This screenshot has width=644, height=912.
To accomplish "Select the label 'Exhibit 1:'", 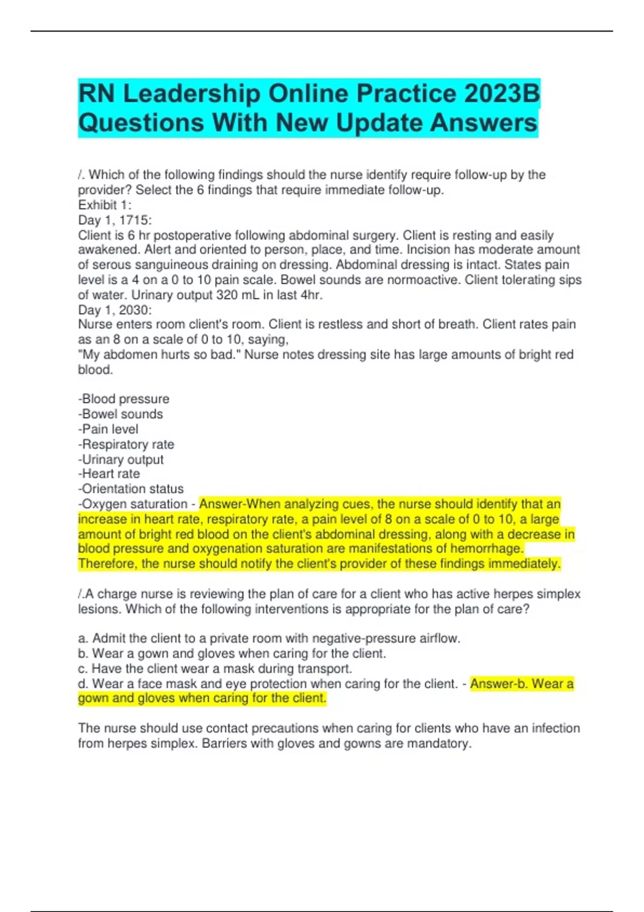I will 105,205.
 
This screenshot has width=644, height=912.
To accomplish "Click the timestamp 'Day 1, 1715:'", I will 115,220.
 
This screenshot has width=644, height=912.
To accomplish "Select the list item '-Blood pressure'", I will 123,399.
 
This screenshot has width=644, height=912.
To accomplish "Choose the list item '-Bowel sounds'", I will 120,414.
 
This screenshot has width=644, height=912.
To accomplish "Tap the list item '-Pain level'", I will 108,429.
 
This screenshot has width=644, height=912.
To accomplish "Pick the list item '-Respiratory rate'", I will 126,444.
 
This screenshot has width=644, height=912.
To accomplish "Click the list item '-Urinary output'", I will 121,460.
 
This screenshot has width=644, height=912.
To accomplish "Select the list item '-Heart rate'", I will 109,474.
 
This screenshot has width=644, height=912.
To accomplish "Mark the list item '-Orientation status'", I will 131,489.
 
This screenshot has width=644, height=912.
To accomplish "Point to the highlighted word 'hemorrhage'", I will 486,549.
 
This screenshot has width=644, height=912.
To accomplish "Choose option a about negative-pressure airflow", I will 269,638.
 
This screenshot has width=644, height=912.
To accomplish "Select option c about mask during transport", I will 215,668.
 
